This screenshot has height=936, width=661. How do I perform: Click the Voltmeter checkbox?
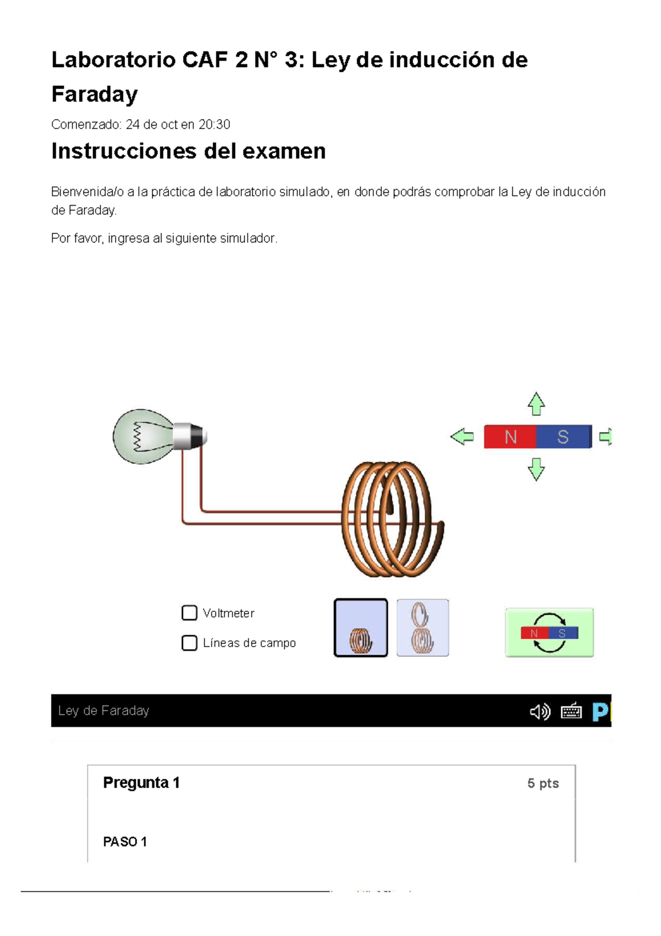pyautogui.click(x=189, y=613)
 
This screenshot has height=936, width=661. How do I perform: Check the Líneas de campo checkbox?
pyautogui.click(x=189, y=643)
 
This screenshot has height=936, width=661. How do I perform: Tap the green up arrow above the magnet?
pyautogui.click(x=536, y=404)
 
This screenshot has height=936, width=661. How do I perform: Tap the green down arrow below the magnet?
pyautogui.click(x=536, y=470)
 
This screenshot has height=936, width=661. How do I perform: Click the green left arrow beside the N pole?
pyautogui.click(x=462, y=437)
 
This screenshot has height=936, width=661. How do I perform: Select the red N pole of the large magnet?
pyautogui.click(x=510, y=437)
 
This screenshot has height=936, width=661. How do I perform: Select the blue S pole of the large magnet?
pyautogui.click(x=562, y=437)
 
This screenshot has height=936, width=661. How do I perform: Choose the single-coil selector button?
pyautogui.click(x=361, y=628)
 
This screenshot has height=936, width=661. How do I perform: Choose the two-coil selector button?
pyautogui.click(x=422, y=628)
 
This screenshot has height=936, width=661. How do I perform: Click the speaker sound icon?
pyautogui.click(x=540, y=712)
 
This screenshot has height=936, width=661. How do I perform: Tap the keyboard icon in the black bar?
pyautogui.click(x=571, y=711)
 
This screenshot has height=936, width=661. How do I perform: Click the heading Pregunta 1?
pyautogui.click(x=142, y=783)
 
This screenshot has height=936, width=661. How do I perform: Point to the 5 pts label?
pyautogui.click(x=543, y=783)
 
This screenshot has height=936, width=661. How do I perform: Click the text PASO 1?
pyautogui.click(x=125, y=842)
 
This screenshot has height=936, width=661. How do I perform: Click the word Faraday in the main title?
pyautogui.click(x=94, y=94)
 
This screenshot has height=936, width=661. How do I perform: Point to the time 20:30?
pyautogui.click(x=214, y=125)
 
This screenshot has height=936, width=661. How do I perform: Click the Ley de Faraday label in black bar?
pyautogui.click(x=104, y=711)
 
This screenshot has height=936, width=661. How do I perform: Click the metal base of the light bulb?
pyautogui.click(x=188, y=436)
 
